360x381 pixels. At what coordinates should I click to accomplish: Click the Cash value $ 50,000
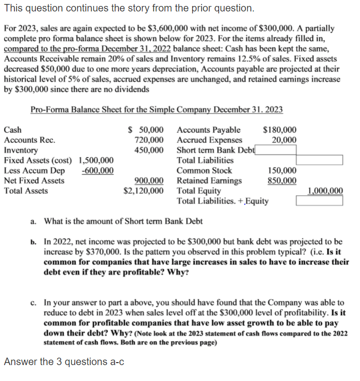click(146, 130)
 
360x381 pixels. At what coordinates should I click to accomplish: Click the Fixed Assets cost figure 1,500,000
click(96, 160)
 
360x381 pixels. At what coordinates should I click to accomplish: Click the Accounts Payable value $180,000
click(279, 130)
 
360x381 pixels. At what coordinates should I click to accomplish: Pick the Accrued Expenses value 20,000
click(284, 140)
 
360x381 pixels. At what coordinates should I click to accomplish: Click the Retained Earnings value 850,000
click(282, 180)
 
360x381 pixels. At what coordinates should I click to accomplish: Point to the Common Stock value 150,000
click(282, 170)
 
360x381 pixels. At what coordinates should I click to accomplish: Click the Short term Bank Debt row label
click(215, 150)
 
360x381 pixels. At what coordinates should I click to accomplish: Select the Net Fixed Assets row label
click(34, 180)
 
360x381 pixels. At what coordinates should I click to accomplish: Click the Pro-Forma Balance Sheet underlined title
click(157, 109)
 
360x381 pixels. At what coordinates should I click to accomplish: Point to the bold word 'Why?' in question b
click(178, 273)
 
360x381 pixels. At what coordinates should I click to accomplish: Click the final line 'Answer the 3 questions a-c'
click(64, 362)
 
